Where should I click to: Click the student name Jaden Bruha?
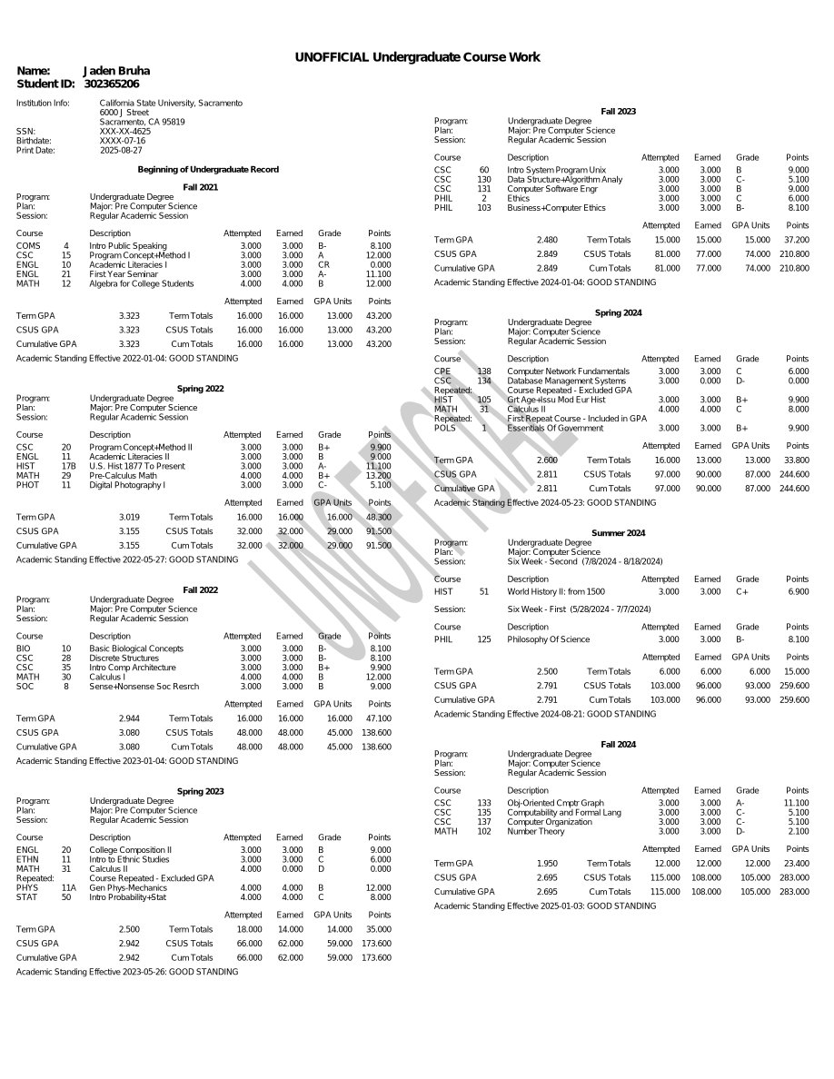pos(116,71)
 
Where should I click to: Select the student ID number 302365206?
pos(111,84)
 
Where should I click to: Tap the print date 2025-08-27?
pos(121,151)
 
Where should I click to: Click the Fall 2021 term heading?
pos(201,187)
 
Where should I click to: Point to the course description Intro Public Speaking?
pos(127,246)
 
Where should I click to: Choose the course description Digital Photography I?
pos(127,485)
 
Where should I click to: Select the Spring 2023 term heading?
pos(201,792)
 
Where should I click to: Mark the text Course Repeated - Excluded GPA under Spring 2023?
pos(152,878)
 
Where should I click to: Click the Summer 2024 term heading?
pos(618,533)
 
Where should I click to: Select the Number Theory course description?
pos(535,831)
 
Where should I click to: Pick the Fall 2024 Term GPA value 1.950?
pos(547,864)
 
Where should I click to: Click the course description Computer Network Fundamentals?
pos(568,371)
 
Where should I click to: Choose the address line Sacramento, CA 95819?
pos(142,122)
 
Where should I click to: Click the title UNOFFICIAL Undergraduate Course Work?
pos(417,57)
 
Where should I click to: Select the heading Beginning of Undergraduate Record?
pos(208,170)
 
